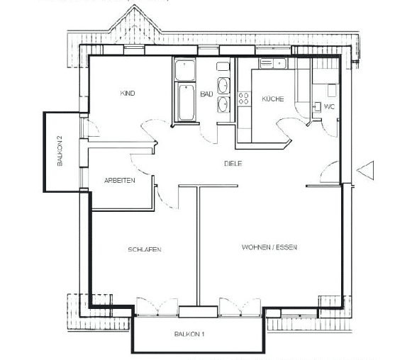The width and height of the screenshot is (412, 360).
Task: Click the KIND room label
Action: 128,94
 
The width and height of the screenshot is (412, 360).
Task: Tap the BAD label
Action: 206,94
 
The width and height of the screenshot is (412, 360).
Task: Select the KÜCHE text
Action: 273,99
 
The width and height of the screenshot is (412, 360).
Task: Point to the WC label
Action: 329,106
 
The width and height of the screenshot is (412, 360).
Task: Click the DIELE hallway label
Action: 233,164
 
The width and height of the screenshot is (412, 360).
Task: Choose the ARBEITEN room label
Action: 120,181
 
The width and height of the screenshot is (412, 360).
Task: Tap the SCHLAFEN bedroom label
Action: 145,249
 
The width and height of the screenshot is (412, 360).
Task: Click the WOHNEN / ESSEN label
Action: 269,247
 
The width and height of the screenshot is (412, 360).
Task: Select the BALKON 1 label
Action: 189,334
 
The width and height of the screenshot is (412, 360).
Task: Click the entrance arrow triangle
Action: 365,171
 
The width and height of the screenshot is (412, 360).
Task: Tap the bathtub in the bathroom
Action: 186,103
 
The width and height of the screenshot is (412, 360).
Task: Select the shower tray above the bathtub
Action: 185,70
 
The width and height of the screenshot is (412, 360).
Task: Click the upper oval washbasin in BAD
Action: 223,85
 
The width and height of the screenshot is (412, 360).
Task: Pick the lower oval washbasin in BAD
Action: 223,104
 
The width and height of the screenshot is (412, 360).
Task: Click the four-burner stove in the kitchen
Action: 243,99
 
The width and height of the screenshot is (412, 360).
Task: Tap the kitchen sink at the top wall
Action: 273,63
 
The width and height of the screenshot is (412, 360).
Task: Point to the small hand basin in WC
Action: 318,106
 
